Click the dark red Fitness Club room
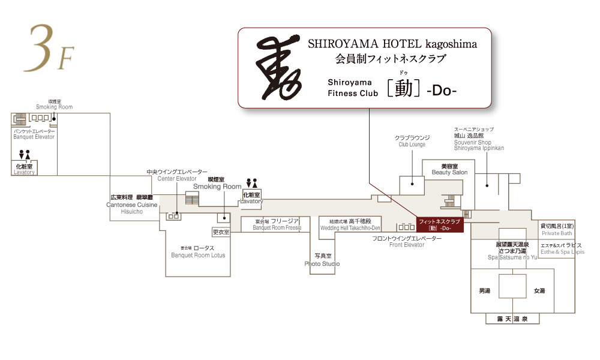point(440,225)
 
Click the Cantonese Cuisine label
point(131,204)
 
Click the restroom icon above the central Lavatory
point(252,182)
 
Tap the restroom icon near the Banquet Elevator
point(25,155)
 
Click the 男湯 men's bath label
point(484,291)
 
